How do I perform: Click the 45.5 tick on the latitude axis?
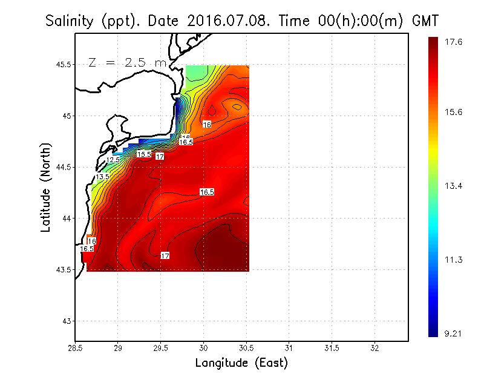tap(60, 64)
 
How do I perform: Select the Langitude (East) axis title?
tap(241, 363)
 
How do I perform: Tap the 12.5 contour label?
tap(113, 160)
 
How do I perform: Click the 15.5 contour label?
tap(143, 154)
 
